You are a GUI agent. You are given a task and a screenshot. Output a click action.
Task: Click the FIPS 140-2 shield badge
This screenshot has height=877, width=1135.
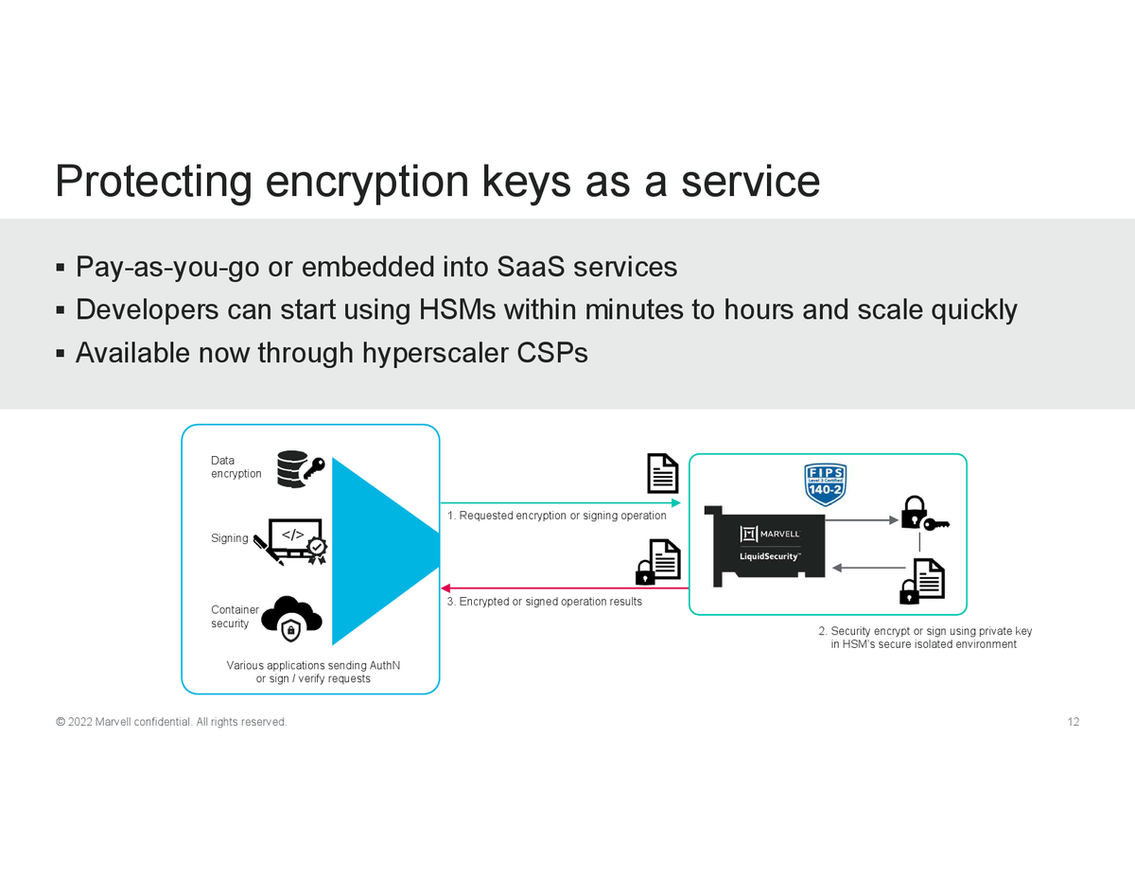(824, 483)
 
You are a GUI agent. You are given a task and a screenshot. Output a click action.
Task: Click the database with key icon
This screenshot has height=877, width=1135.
(300, 468)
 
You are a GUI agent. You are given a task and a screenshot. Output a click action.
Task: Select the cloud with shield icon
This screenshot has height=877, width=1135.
(291, 618)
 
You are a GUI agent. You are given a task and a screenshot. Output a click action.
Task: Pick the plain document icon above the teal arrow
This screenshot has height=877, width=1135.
(662, 474)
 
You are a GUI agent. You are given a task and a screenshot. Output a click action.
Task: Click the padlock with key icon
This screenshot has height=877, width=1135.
(923, 514)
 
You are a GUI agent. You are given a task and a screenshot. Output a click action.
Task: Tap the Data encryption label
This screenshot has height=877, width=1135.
(236, 467)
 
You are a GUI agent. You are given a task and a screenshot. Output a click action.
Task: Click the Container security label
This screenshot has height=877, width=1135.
(234, 617)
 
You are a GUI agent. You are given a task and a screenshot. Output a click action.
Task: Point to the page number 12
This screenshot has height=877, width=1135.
(1073, 723)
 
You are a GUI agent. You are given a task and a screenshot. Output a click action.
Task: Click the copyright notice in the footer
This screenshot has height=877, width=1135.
(171, 723)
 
